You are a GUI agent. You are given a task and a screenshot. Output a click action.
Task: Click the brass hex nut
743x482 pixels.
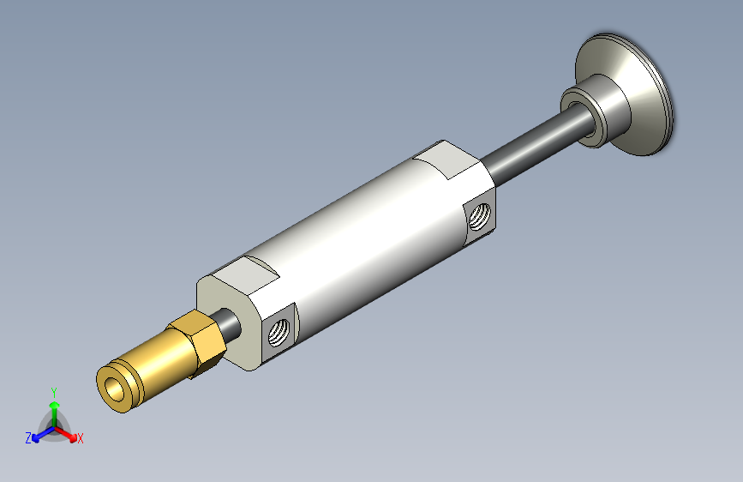[x=196, y=343]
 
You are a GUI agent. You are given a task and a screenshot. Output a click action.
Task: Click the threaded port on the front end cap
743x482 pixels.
[x=279, y=332]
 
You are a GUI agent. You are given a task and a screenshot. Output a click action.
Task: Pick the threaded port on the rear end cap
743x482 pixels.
[x=480, y=216]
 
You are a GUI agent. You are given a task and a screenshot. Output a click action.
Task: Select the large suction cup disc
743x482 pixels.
[x=625, y=95]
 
